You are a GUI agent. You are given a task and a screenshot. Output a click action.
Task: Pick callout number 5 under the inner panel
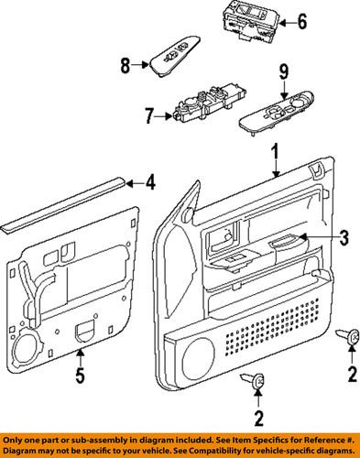(x=81, y=376)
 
